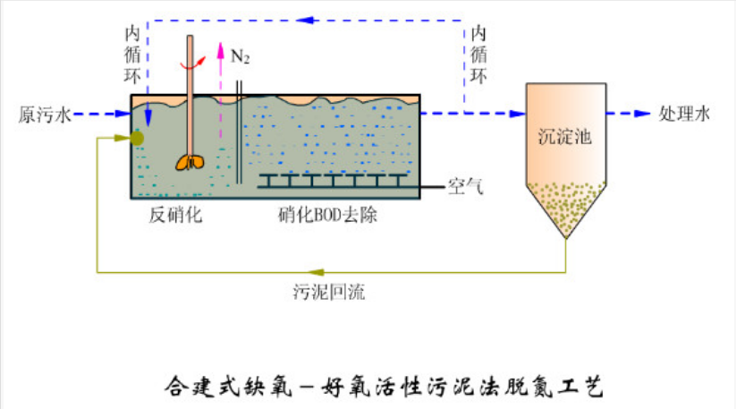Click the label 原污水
click(x=43, y=115)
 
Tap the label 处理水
click(x=684, y=114)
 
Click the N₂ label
click(x=240, y=56)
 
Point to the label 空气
click(x=465, y=187)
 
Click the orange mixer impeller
click(x=190, y=160)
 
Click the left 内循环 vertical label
click(x=131, y=55)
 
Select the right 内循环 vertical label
click(x=479, y=55)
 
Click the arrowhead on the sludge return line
click(x=315, y=271)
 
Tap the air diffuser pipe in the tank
click(x=331, y=182)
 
